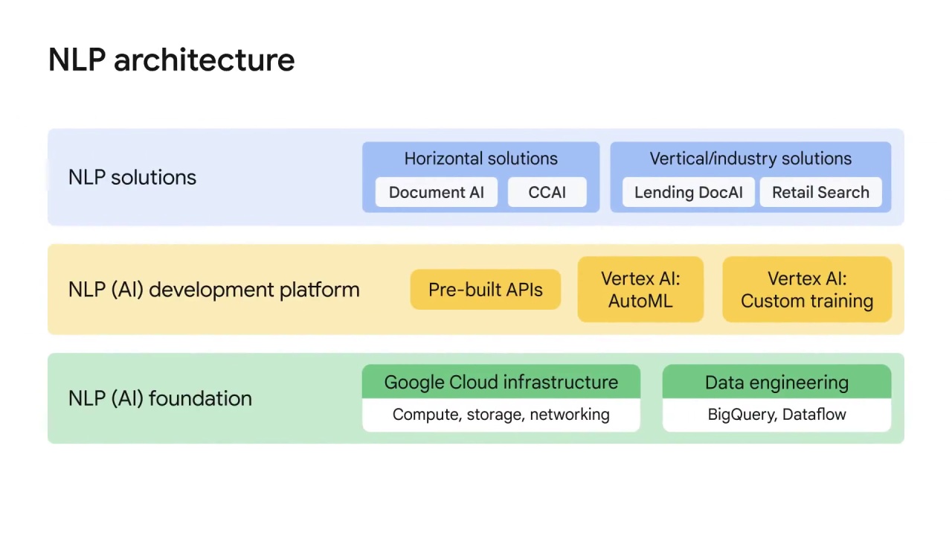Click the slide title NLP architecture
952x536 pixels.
coord(171,60)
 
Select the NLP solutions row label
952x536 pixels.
coord(132,177)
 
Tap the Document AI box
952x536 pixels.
coord(437,192)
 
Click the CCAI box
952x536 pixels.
coord(547,192)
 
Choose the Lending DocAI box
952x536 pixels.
coord(688,192)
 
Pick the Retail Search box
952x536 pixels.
coord(820,192)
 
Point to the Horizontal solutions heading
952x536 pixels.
coord(480,159)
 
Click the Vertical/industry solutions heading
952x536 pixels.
coord(750,159)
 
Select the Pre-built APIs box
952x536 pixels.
coord(486,290)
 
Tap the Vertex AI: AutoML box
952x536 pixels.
coord(640,290)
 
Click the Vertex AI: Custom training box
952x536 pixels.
coord(807,290)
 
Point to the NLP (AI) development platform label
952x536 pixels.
coord(213,290)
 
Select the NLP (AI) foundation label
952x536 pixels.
coord(160,398)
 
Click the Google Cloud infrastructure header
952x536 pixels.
coord(501,382)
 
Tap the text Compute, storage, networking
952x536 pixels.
coord(501,415)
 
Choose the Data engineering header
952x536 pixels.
coord(776,382)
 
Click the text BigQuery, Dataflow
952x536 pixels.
coord(776,415)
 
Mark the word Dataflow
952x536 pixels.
coord(814,415)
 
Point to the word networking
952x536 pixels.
coord(570,415)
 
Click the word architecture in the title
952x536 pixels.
coord(204,60)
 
